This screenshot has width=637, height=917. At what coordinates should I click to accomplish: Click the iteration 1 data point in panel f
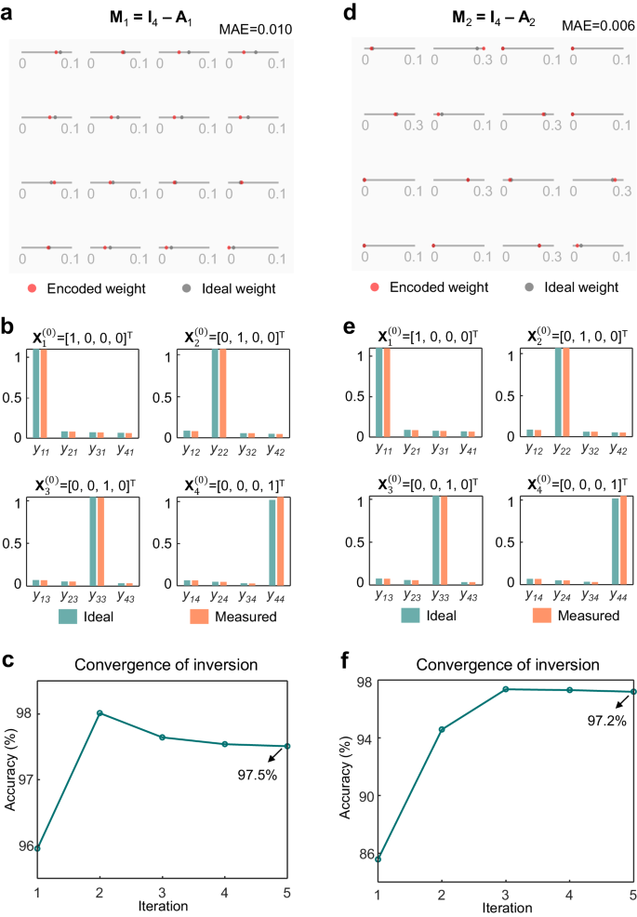(x=378, y=859)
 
